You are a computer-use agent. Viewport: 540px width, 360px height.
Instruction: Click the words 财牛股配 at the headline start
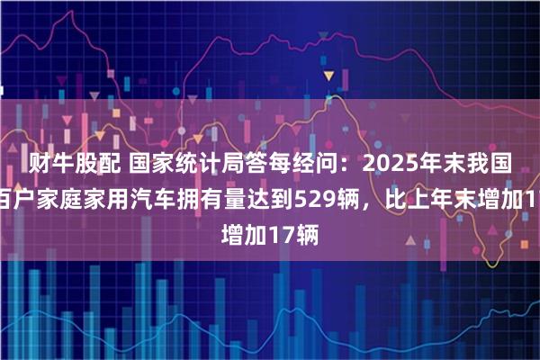pos(64,162)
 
